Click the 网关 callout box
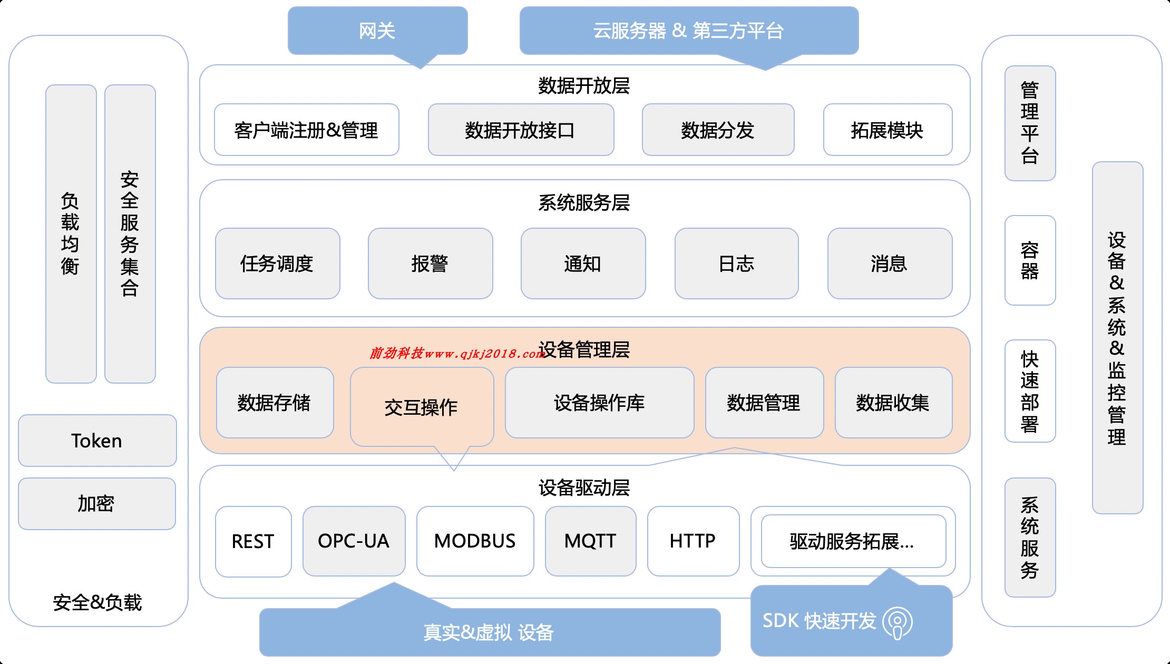377,31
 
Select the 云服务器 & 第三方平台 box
688,31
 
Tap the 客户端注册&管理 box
306,130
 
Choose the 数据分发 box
718,130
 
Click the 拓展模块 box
888,130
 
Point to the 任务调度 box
277,263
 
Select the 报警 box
430,263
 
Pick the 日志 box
736,263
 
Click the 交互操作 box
422,407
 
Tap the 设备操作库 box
599,403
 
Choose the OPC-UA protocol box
354,541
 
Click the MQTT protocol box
590,541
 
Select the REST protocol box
253,541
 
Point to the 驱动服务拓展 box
853,541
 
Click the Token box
97,441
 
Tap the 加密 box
97,504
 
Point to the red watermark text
456,353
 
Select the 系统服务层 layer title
584,202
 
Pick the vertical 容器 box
1030,260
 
